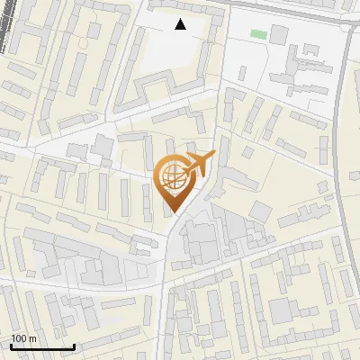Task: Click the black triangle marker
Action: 181,24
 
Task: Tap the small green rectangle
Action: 258,34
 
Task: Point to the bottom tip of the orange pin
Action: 172,211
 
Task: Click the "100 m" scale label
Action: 24,338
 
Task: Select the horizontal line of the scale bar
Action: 42,346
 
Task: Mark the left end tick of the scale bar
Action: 11,345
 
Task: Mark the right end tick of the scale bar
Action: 74,345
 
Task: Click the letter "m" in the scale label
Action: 32,338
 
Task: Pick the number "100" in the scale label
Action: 19,338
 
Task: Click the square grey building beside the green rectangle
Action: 279,34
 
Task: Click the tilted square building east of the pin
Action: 260,211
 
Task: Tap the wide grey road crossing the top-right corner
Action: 297,11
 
